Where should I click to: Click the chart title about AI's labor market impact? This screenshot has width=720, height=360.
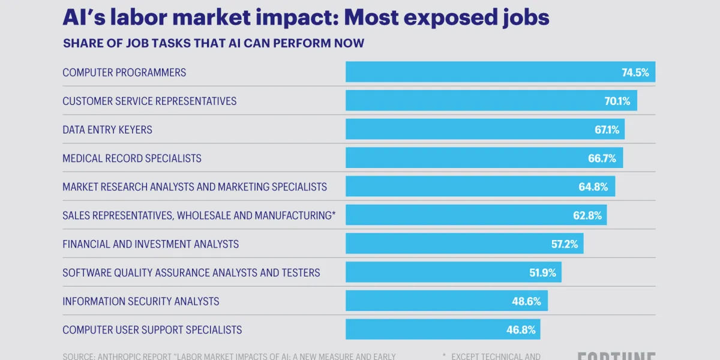(x=306, y=17)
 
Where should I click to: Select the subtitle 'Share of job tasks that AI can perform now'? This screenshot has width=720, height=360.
(x=213, y=44)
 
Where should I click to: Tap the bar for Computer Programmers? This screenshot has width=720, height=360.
(x=480, y=72)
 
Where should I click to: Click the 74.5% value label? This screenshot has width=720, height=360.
(x=635, y=73)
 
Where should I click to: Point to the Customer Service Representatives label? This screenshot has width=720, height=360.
(x=149, y=101)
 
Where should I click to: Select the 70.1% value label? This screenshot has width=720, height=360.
(x=617, y=101)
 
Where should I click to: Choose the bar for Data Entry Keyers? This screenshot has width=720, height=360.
(x=462, y=130)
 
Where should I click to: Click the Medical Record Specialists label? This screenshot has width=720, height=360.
(x=132, y=158)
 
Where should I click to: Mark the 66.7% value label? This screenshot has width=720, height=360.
(x=602, y=158)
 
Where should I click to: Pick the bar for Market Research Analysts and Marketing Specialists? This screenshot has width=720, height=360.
(x=456, y=187)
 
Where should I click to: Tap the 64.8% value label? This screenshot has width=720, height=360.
(x=593, y=187)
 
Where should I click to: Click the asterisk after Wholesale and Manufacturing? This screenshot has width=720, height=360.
(x=334, y=214)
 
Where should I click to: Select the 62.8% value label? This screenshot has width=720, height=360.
(x=587, y=215)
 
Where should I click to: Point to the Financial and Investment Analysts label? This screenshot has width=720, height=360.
(x=151, y=244)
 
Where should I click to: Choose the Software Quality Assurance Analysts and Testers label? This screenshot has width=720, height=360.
(x=191, y=273)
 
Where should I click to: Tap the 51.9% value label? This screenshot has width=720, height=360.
(x=542, y=273)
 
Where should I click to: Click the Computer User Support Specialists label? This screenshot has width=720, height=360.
(x=152, y=330)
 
